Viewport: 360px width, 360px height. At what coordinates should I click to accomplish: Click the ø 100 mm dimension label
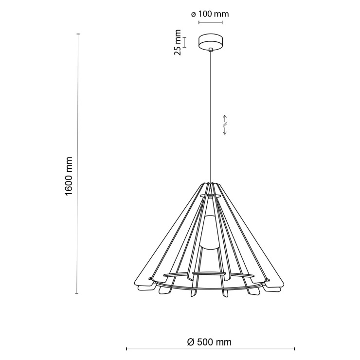click(x=210, y=14)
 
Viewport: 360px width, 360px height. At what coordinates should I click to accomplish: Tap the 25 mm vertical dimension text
click(x=178, y=42)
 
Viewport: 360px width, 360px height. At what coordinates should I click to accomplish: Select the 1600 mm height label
click(x=69, y=176)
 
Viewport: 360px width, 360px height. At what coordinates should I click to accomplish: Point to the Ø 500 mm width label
click(x=209, y=342)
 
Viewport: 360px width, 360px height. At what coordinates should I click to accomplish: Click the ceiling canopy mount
click(x=211, y=41)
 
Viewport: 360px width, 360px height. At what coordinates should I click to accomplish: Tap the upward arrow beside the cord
click(x=225, y=119)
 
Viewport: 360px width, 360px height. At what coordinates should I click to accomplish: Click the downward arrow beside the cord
click(x=225, y=131)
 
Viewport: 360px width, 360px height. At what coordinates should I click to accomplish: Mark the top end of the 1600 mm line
click(x=78, y=34)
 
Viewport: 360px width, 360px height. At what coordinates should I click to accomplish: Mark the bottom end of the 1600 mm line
click(x=77, y=293)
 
